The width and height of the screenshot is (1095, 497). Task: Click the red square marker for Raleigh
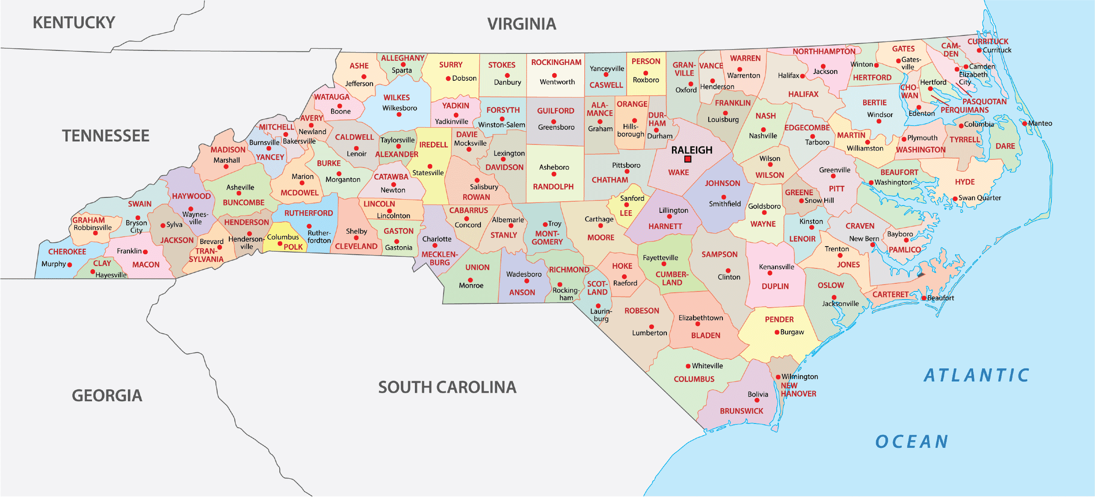[x=687, y=159]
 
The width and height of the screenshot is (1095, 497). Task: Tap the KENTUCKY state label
[x=74, y=23]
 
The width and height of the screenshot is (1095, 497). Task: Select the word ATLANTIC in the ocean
[x=977, y=375]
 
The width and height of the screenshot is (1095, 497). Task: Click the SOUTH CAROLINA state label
[x=447, y=387]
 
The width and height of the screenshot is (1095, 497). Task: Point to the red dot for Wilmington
[x=778, y=377]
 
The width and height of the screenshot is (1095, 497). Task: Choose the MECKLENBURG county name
[x=440, y=258]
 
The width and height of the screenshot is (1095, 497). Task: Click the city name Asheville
[x=240, y=187]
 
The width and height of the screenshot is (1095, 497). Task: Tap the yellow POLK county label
[x=293, y=247]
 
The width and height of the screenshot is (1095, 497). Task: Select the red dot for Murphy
[x=70, y=265]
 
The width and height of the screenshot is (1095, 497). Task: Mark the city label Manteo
[x=1040, y=123]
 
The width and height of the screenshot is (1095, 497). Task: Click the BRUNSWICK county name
[x=741, y=411]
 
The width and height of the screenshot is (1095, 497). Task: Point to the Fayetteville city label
[x=660, y=258]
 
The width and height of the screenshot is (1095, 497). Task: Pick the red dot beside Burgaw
[x=777, y=332]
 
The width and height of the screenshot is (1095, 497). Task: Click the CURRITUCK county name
[x=988, y=41]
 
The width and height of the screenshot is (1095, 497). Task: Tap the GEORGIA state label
[x=107, y=396]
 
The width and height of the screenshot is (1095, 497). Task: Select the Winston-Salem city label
[x=501, y=125]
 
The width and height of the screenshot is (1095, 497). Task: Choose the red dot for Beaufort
[x=923, y=298]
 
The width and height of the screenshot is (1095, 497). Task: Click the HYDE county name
[x=965, y=182]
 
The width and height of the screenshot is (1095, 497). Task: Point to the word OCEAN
[x=912, y=441]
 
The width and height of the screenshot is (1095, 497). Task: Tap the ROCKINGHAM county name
[x=556, y=62]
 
